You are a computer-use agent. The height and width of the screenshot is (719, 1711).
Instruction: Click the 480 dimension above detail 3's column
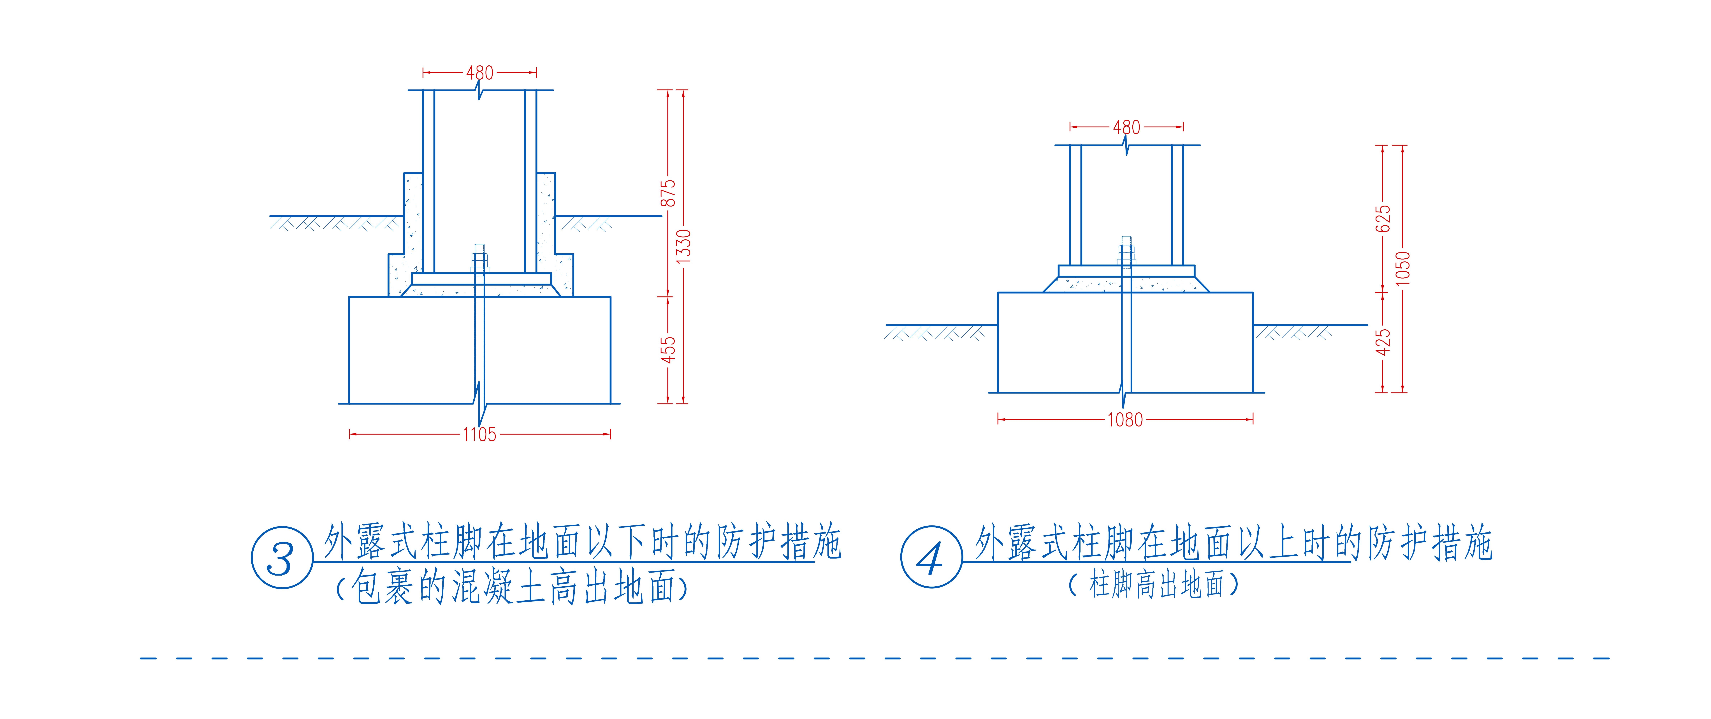pos(480,72)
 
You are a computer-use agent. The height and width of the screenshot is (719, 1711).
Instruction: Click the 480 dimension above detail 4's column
pos(1126,127)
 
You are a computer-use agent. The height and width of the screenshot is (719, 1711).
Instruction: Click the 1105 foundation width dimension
pos(480,435)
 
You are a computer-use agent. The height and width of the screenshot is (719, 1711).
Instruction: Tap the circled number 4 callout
pos(931,557)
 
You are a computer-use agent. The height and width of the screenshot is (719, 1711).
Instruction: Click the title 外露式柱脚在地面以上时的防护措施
pos(1234,542)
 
